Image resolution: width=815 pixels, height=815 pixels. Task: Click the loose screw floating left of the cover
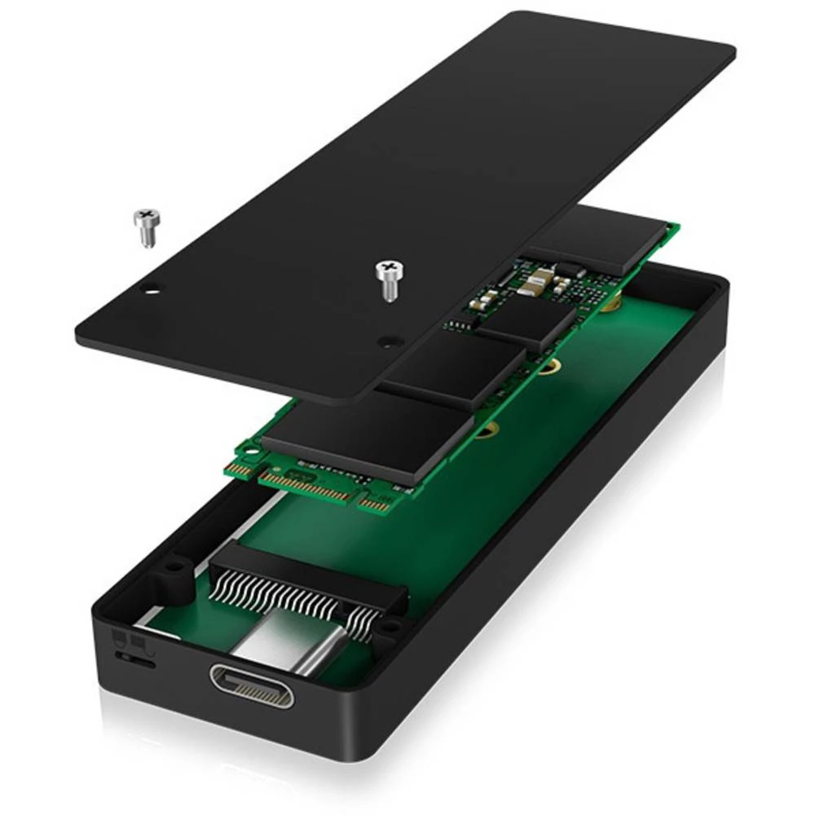(x=147, y=226)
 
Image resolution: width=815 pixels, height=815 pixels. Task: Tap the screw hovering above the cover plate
(x=389, y=280)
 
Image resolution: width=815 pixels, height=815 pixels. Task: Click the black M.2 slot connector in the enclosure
(x=310, y=575)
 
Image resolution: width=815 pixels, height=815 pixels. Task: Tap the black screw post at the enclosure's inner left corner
(x=174, y=564)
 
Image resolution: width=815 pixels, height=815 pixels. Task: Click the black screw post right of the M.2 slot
(x=390, y=628)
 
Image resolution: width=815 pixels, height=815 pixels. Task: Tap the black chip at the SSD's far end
(x=599, y=236)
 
